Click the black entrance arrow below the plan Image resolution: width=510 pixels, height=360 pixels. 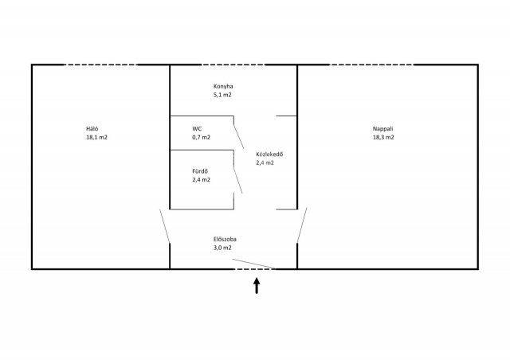point(257,285)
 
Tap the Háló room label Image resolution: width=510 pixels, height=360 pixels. point(92,129)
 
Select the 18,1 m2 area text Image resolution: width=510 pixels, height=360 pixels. point(96,137)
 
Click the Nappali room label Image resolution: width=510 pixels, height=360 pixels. point(382,129)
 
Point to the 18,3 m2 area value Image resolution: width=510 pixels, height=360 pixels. point(383,137)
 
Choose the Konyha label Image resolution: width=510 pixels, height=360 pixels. point(223,87)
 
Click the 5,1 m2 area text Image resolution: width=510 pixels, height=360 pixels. point(222,95)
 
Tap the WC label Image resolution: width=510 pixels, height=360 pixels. point(197,129)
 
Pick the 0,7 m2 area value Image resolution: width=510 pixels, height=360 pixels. point(202,137)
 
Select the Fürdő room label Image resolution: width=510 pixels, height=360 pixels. point(200,171)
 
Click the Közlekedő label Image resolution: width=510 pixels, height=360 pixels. point(269,155)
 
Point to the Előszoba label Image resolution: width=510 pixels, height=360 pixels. point(225,239)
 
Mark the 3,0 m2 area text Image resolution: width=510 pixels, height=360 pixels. point(222,248)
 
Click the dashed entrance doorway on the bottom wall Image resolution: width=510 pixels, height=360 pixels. point(254,269)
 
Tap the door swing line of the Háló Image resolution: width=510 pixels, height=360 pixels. point(165,226)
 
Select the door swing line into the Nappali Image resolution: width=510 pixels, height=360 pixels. point(302,225)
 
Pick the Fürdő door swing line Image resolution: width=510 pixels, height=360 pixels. point(238,180)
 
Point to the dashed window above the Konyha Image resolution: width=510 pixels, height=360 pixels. point(233,65)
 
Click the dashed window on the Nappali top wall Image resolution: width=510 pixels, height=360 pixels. point(371,65)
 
